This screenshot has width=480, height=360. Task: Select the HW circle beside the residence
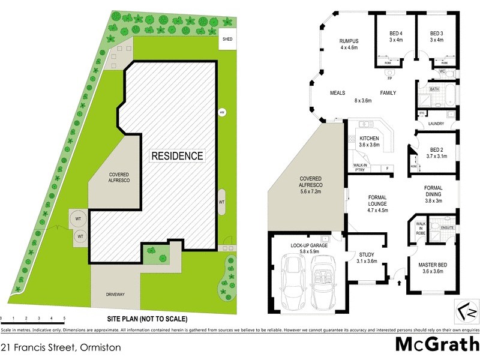pos(221,112)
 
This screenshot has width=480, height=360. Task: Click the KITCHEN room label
pos(370,139)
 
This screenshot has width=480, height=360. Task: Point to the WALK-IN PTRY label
pos(360,167)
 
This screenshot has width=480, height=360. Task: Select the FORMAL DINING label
pos(433,191)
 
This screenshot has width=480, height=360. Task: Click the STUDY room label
pos(366,254)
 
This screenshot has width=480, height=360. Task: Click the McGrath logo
pos(437,345)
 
